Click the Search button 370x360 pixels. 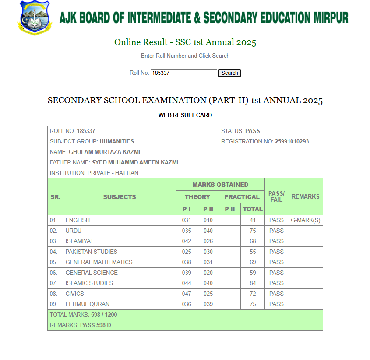(x=229, y=73)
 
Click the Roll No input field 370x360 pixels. (x=183, y=73)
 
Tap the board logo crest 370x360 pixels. (x=34, y=17)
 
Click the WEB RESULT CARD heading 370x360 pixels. (x=185, y=115)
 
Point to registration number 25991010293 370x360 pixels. (x=292, y=142)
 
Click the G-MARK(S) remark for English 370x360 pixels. (x=305, y=220)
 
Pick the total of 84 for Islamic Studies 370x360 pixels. (x=253, y=283)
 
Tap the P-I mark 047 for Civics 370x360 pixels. (x=187, y=294)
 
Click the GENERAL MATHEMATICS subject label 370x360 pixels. (x=99, y=262)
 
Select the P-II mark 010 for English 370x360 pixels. (x=208, y=220)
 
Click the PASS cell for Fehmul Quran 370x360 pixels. (x=276, y=304)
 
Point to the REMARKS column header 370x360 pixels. (x=305, y=197)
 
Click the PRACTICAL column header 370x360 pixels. (x=242, y=197)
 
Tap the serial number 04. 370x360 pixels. (x=53, y=252)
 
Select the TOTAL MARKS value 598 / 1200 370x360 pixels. (x=104, y=315)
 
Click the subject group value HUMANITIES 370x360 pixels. (x=117, y=142)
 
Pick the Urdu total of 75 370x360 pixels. (x=253, y=231)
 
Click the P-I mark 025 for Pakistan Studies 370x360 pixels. (x=187, y=252)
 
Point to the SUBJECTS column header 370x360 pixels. (x=120, y=197)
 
